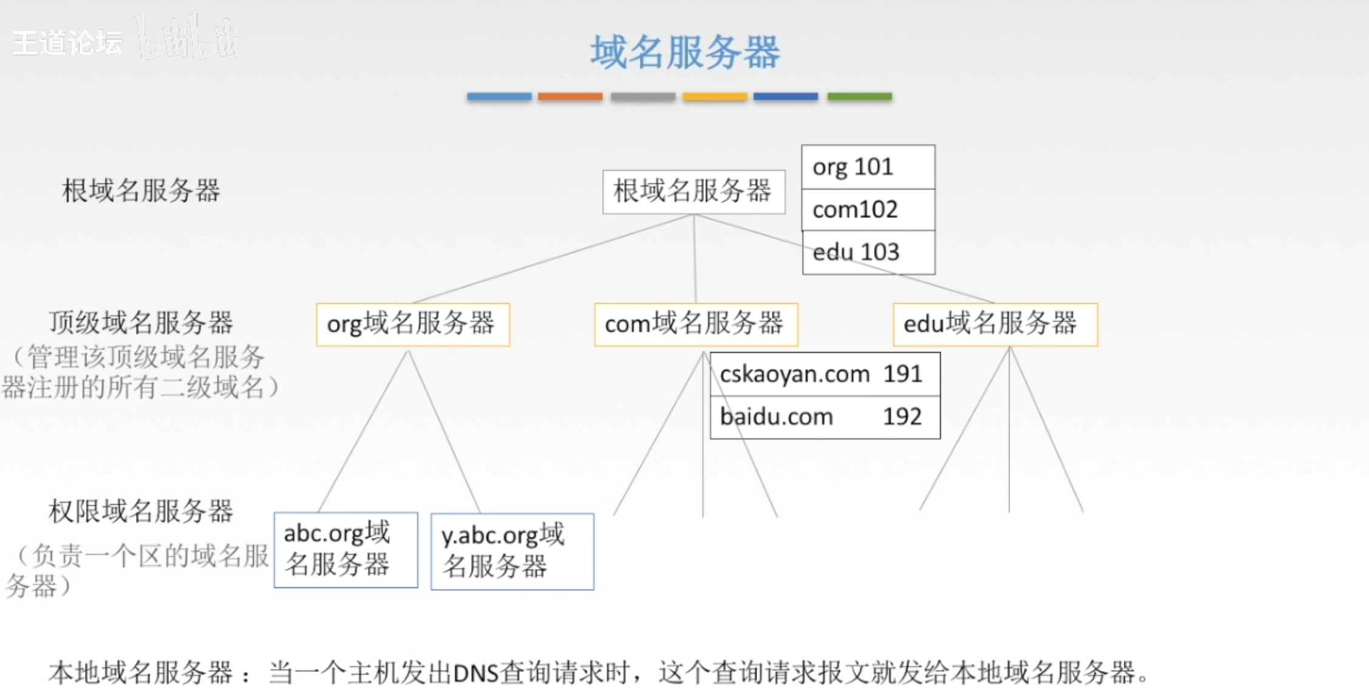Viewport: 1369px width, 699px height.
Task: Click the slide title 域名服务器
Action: coord(685,52)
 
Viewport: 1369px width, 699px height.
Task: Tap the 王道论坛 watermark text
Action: coord(67,43)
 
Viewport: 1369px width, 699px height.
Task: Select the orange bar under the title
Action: coord(569,97)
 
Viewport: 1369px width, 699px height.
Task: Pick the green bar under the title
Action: coord(859,97)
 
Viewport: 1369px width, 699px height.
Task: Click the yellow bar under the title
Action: coord(715,97)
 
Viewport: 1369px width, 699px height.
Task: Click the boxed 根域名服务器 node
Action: coord(693,191)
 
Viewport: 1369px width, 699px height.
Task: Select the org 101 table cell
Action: coord(868,167)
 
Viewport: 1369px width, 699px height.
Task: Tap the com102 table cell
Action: coord(868,210)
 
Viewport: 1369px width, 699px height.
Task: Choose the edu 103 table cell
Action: coord(868,252)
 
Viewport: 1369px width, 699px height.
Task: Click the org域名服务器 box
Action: coord(412,324)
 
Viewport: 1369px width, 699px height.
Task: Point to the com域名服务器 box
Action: coord(695,324)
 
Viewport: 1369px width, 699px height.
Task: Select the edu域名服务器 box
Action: coord(994,324)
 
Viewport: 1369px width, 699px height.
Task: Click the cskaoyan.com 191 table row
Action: coord(824,374)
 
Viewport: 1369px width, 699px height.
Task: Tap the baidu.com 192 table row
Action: coord(824,417)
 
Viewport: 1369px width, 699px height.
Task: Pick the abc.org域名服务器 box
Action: coord(345,550)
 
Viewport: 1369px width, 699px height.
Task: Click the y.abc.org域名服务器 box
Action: coord(512,551)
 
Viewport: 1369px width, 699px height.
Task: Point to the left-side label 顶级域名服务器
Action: coord(141,322)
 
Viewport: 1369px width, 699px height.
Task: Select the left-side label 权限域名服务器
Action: coord(141,511)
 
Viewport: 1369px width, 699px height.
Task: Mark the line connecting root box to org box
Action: coord(552,259)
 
